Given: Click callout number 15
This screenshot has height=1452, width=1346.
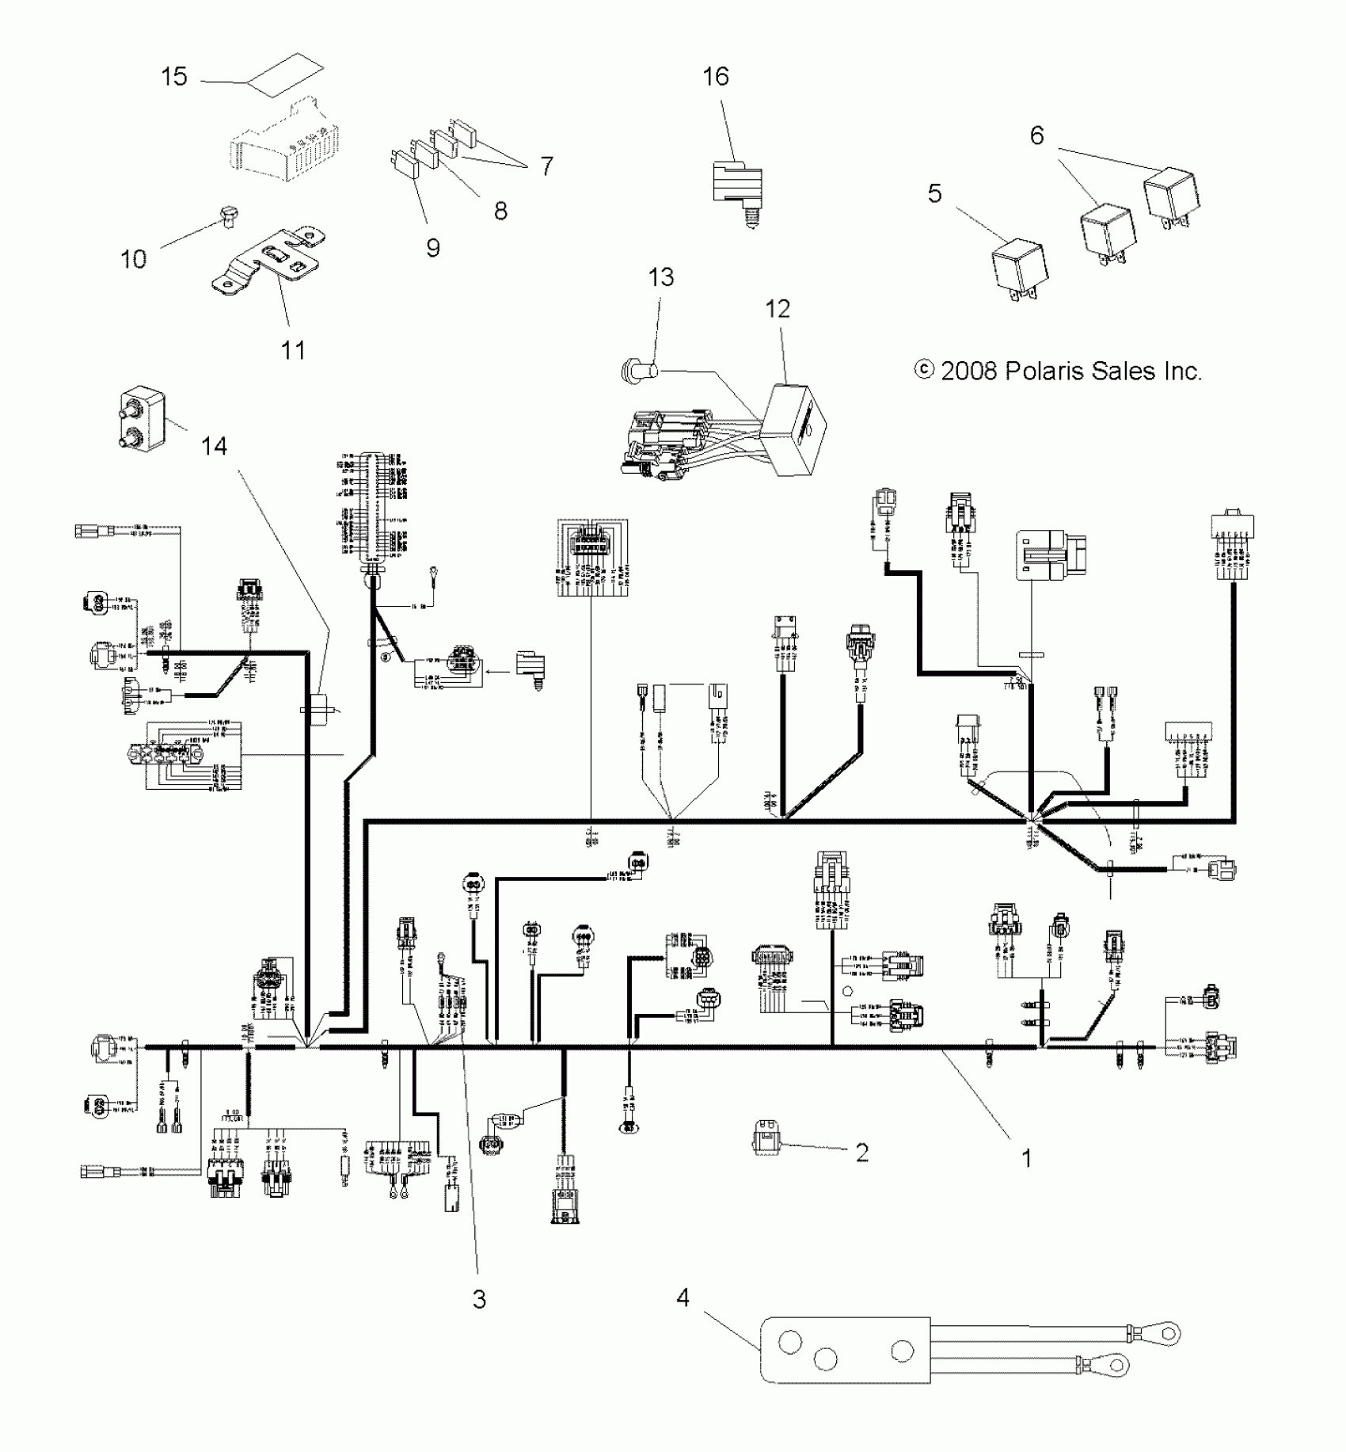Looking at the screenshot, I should (174, 77).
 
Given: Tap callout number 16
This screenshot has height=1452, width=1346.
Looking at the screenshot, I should (716, 77).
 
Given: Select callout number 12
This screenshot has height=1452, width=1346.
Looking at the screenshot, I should (778, 309).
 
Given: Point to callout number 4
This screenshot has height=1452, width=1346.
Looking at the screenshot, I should (683, 1297).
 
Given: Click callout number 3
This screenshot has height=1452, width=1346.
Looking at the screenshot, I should (479, 1299).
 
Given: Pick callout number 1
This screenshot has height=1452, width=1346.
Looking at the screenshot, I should (1026, 1158).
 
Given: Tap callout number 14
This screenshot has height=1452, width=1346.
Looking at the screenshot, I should (214, 447).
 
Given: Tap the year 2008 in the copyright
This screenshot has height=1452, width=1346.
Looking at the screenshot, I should (969, 371).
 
